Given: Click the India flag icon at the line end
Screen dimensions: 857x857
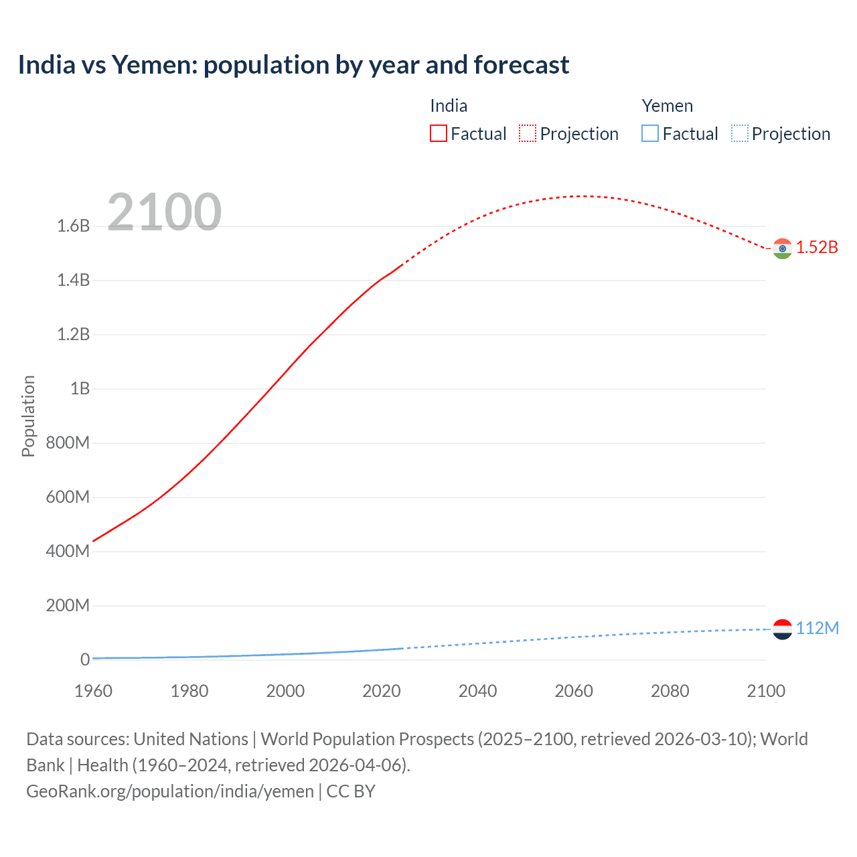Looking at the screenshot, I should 782,248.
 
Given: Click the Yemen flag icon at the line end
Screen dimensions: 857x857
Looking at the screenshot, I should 782,629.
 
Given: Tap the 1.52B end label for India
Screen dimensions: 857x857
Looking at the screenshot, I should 817,247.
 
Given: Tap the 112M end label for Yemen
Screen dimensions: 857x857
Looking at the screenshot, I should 817,628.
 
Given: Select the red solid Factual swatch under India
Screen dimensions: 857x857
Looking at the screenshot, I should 438,133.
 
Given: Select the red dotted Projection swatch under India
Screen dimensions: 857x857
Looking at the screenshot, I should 528,133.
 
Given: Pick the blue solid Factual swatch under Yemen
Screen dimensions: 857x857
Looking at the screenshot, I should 649,133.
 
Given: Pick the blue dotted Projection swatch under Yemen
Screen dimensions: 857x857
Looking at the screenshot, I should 739,133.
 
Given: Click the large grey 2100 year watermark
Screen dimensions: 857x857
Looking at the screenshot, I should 164,212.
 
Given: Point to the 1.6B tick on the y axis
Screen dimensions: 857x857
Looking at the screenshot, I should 74,226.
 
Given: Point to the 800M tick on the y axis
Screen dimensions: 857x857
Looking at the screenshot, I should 68,443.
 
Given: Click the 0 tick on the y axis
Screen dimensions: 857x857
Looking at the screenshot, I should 85,659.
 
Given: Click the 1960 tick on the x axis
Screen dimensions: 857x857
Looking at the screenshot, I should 93,691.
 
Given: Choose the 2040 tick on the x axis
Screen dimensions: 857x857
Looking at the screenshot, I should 477,691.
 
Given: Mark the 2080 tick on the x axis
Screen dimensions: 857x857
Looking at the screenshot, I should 670,691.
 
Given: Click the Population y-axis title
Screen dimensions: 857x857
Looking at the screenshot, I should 28,416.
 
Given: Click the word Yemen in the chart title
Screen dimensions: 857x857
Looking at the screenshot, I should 153,65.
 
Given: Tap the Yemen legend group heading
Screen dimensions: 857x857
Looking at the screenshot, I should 667,106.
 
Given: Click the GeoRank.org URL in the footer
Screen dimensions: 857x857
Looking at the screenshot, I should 170,791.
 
